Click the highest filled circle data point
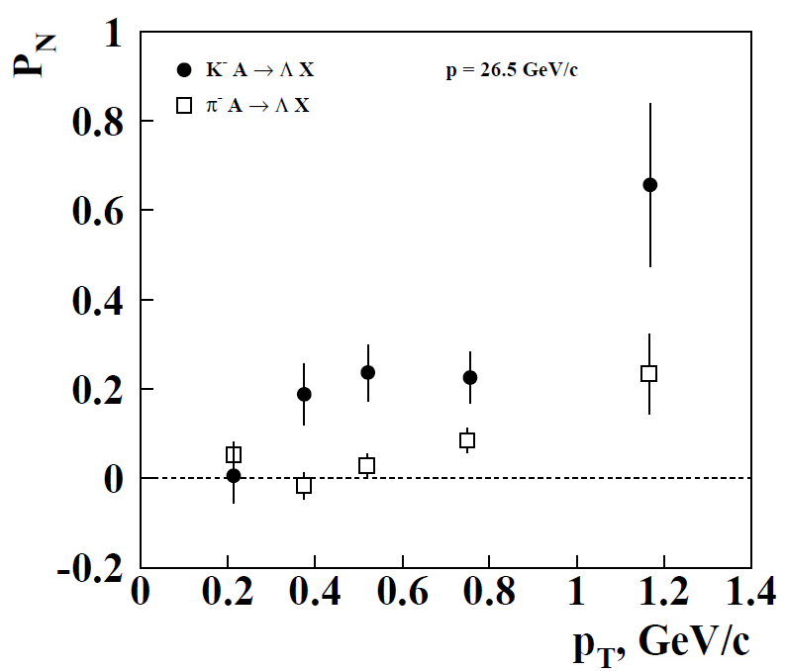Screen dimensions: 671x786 pyautogui.click(x=649, y=185)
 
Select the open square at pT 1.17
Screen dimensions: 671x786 pyautogui.click(x=649, y=373)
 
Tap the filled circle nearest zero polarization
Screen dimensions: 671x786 pyautogui.click(x=234, y=476)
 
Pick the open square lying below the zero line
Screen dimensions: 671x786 pyautogui.click(x=304, y=485)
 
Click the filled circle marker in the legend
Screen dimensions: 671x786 pyautogui.click(x=182, y=70)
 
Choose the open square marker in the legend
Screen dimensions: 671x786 pyautogui.click(x=182, y=104)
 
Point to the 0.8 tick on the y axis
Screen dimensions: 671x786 pyautogui.click(x=101, y=122)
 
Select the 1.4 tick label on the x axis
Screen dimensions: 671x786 pyautogui.click(x=748, y=596)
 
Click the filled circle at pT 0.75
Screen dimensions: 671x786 pyautogui.click(x=470, y=377)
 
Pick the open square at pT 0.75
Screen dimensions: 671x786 pyautogui.click(x=467, y=440)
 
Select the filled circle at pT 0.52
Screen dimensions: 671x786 pyautogui.click(x=367, y=372)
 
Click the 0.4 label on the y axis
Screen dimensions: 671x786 pyautogui.click(x=101, y=300)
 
